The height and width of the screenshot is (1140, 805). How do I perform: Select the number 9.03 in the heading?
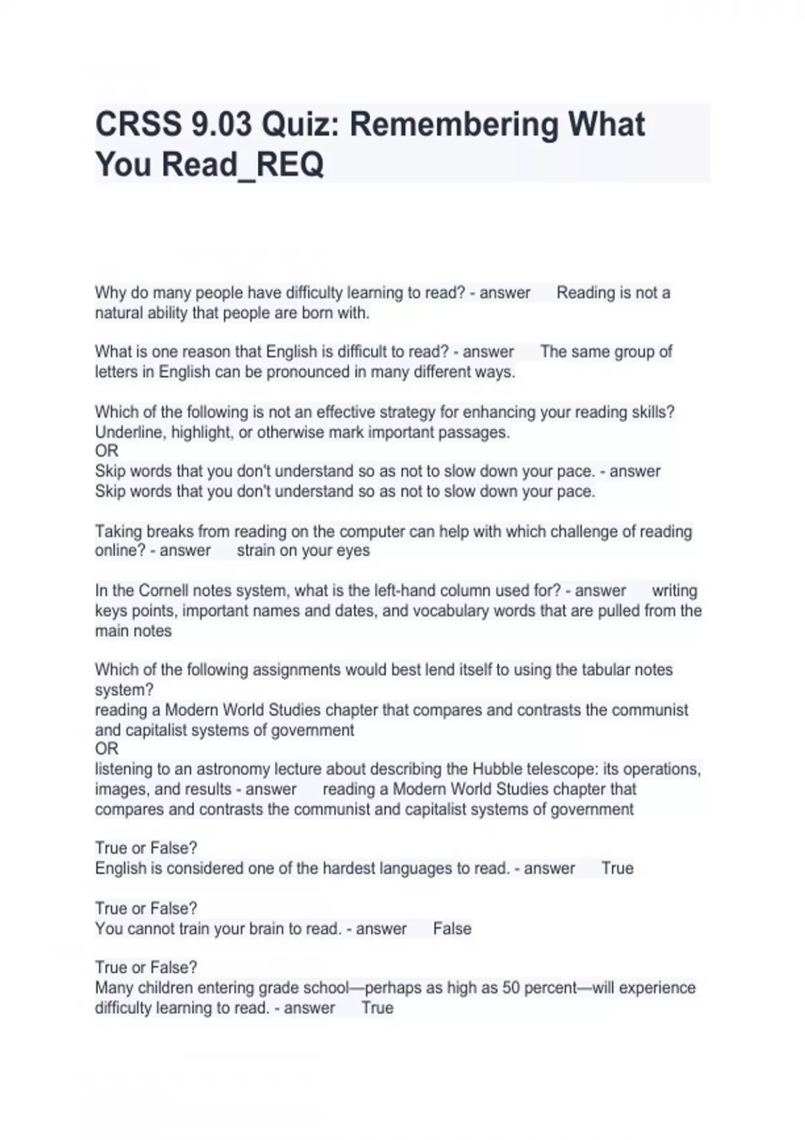222,125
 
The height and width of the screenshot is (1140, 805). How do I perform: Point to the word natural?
116,313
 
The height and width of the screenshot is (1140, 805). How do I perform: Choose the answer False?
452,929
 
